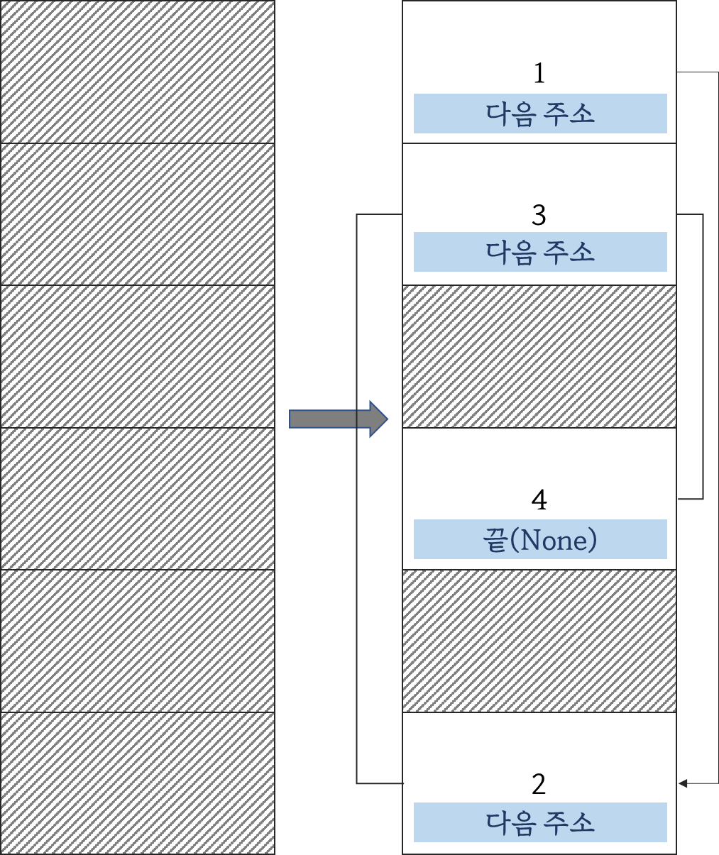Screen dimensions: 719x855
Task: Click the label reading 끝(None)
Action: [x=540, y=539]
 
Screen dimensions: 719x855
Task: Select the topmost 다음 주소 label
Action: [x=540, y=114]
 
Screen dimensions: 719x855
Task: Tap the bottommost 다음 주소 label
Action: [x=540, y=822]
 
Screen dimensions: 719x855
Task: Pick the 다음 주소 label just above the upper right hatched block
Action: [x=540, y=252]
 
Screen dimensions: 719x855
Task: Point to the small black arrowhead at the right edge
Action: [x=683, y=783]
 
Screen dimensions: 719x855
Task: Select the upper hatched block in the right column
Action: [x=539, y=357]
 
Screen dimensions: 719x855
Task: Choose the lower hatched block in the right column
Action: [x=539, y=641]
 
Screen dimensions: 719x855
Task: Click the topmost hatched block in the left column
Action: [x=138, y=72]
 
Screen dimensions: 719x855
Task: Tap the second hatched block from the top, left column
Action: [x=138, y=214]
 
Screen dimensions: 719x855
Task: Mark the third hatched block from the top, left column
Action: [x=138, y=357]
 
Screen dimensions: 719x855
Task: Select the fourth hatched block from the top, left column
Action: [x=138, y=499]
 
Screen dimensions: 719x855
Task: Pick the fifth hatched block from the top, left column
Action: [x=138, y=641]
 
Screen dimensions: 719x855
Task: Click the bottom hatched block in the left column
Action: [x=138, y=783]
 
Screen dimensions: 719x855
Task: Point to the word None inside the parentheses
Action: [x=554, y=541]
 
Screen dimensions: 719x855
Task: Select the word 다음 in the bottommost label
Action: [x=510, y=822]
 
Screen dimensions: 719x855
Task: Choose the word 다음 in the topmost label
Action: [x=510, y=114]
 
